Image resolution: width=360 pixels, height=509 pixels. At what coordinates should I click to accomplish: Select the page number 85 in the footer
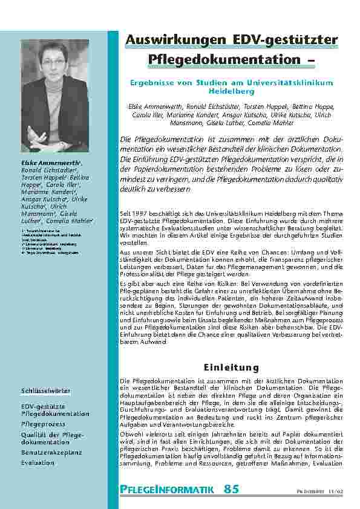point(231,488)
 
